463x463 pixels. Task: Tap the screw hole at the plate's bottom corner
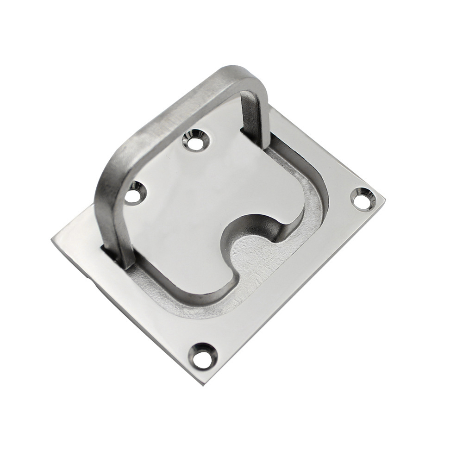click(x=202, y=355)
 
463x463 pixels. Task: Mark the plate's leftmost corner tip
click(x=52, y=239)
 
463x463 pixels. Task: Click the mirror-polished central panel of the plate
click(x=208, y=194)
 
